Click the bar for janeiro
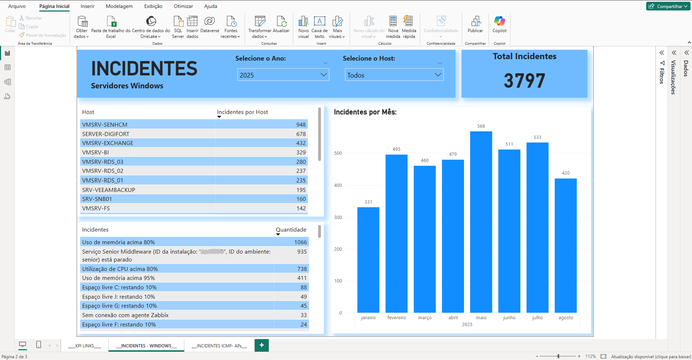point(368,260)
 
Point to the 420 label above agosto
point(565,173)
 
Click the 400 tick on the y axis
point(338,185)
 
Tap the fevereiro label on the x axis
point(397,318)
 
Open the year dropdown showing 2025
point(283,75)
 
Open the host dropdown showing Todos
point(394,75)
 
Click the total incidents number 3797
point(524,81)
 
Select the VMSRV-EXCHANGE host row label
point(108,143)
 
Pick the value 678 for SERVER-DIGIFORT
point(301,134)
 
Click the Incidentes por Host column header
point(242,112)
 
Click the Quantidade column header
point(291,230)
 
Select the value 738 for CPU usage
point(302,269)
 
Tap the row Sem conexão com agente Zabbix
point(125,315)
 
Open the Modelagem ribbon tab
point(119,6)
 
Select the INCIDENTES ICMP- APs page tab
point(219,346)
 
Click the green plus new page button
point(262,345)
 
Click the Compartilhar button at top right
point(668,6)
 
